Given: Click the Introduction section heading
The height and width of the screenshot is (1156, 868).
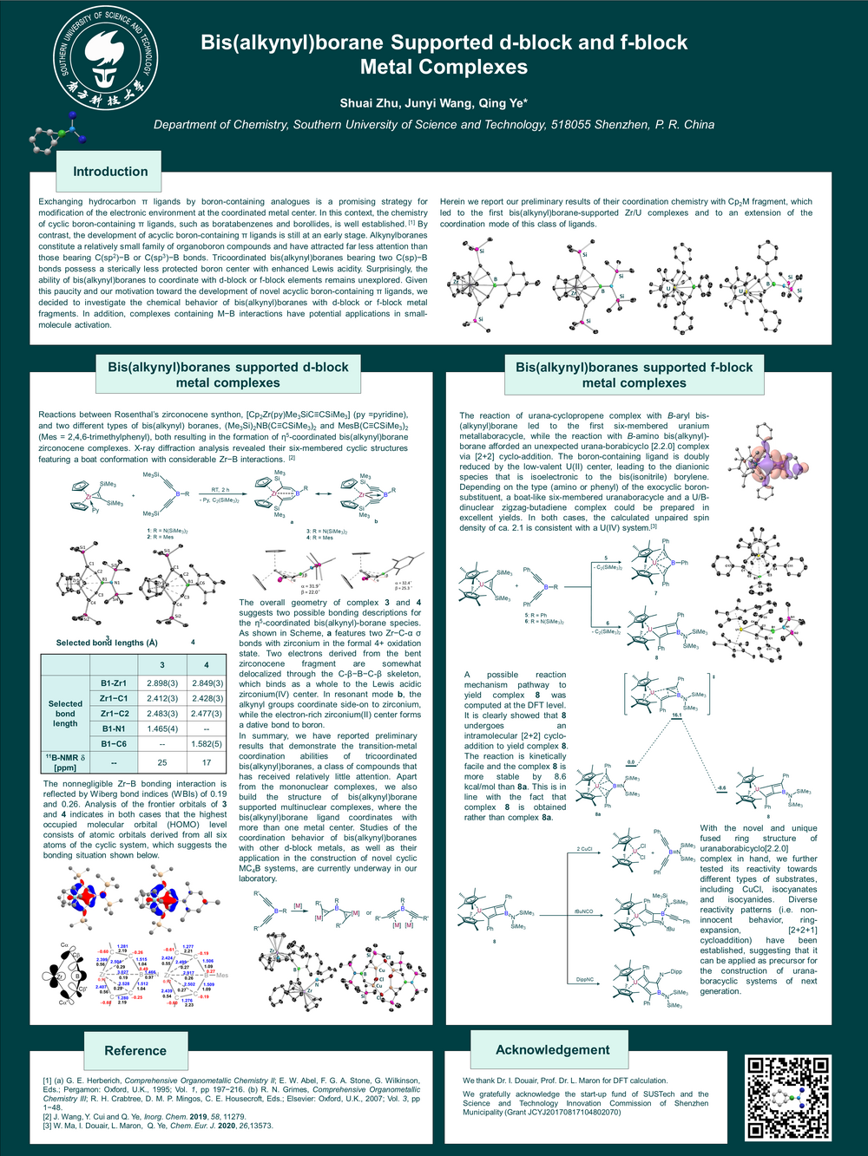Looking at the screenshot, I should (110, 172).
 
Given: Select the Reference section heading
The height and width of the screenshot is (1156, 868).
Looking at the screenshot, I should (135, 1050).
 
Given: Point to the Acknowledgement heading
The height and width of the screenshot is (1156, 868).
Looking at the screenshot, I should (552, 1049).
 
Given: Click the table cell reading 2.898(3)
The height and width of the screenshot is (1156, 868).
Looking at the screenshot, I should (162, 683).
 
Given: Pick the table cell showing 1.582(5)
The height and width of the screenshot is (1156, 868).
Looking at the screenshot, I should (207, 744).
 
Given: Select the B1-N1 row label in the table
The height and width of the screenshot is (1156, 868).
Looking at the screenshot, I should (114, 728).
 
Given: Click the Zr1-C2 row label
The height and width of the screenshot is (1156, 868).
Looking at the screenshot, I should (114, 714).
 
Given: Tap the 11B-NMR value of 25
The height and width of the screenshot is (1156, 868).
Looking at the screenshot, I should (162, 762).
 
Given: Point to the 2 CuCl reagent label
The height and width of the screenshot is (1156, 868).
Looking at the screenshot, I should (584, 849).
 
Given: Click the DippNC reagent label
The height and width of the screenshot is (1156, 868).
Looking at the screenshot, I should (584, 979).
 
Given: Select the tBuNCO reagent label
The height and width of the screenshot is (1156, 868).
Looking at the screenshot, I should (583, 911).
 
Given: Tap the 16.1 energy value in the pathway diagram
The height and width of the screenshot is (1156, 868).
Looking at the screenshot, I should (676, 716).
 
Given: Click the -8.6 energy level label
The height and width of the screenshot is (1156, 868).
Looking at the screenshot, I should (720, 788).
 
